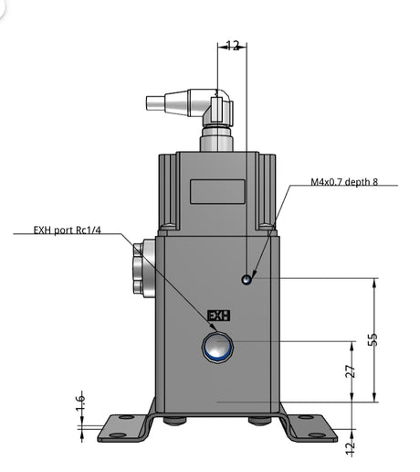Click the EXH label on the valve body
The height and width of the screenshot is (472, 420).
pyautogui.click(x=218, y=316)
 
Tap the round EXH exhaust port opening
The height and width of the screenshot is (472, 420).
pyautogui.click(x=217, y=347)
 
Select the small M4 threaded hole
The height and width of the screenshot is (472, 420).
pyautogui.click(x=247, y=279)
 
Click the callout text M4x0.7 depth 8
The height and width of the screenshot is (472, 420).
pyautogui.click(x=344, y=182)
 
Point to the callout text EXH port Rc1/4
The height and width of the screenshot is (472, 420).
pyautogui.click(x=67, y=230)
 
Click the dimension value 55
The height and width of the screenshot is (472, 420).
pyautogui.click(x=373, y=339)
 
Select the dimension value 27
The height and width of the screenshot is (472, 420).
pyautogui.click(x=351, y=371)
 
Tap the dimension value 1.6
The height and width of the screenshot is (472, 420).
pyautogui.click(x=80, y=402)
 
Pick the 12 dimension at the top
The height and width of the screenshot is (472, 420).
pyautogui.click(x=233, y=46)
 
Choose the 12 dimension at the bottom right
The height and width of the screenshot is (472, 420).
pyautogui.click(x=351, y=447)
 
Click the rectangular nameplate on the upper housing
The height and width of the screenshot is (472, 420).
pyautogui.click(x=217, y=191)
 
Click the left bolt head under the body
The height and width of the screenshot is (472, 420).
pyautogui.click(x=175, y=421)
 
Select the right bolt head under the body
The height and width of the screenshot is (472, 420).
pyautogui.click(x=259, y=421)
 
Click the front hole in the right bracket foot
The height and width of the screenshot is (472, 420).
pyautogui.click(x=317, y=435)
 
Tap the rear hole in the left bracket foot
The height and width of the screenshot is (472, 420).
pyautogui.click(x=126, y=417)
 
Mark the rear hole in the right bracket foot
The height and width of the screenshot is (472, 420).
pyautogui.click(x=305, y=417)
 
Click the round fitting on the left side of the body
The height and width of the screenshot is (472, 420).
pyautogui.click(x=143, y=268)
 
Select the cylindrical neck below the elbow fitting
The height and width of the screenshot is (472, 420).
pyautogui.click(x=216, y=139)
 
